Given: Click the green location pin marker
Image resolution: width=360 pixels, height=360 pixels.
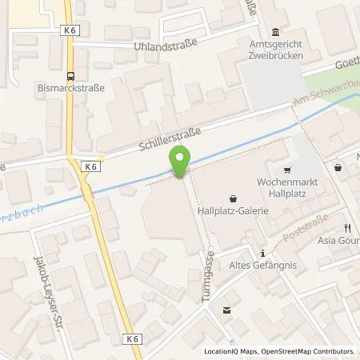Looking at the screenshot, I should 182,162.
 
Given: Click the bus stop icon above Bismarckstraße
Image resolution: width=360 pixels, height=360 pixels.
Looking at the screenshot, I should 71,77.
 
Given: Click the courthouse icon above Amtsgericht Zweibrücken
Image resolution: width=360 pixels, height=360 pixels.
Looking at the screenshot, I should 277,31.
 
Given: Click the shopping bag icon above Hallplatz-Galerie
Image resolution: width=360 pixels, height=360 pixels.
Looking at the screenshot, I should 233,198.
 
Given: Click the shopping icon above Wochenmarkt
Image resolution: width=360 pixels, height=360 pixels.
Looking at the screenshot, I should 286,170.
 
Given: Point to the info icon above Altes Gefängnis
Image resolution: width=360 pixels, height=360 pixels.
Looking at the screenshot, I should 262,253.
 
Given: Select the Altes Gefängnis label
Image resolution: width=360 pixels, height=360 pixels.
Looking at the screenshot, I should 259,266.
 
